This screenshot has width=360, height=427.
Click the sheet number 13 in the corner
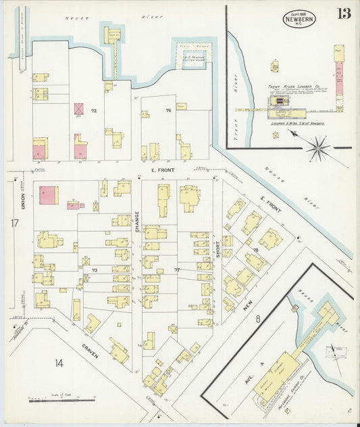344,14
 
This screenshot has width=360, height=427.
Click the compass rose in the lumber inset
317,146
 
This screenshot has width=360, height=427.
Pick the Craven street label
89,351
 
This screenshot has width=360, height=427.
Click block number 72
95,109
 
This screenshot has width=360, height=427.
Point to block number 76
168,109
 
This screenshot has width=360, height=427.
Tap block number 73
95,270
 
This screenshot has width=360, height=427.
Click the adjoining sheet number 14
59,363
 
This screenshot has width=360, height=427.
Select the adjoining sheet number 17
14,222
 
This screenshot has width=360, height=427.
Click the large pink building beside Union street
48,195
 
